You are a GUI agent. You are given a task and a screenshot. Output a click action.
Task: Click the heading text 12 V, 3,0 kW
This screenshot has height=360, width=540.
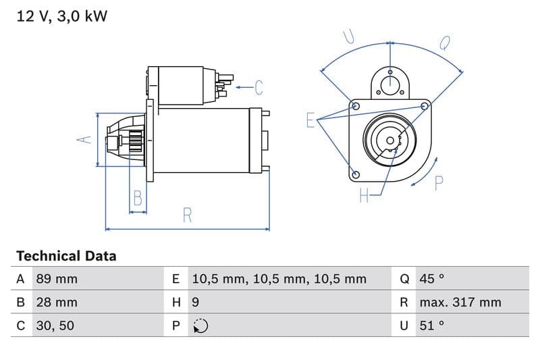61,16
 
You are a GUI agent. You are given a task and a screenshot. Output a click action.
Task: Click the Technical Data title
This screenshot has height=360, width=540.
66,256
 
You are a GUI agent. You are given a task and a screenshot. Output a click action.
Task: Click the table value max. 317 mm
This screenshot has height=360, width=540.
460,302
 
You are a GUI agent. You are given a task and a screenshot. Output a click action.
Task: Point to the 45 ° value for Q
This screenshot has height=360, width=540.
432,279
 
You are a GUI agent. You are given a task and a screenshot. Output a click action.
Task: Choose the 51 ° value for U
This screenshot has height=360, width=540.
432,326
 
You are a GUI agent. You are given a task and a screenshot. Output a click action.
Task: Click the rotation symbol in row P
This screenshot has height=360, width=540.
200,326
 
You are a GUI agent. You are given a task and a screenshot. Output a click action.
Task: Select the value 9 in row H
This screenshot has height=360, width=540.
196,302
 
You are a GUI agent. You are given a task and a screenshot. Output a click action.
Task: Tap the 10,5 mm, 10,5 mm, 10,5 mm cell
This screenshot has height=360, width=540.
279,279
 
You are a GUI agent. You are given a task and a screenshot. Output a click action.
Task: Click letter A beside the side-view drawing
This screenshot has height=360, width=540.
84,140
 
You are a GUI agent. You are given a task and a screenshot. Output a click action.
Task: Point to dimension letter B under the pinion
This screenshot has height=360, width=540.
138,198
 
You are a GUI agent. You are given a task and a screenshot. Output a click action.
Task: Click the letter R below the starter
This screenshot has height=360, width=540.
188,215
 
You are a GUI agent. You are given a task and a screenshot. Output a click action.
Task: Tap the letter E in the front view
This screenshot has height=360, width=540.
310,120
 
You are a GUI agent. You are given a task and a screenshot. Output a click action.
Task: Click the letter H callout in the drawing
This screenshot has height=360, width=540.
364,196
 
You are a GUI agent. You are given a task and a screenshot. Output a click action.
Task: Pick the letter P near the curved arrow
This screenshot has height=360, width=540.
439,183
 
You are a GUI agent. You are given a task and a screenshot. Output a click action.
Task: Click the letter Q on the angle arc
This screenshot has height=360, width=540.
445,43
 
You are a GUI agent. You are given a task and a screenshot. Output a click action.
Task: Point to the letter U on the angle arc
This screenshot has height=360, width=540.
349,36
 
